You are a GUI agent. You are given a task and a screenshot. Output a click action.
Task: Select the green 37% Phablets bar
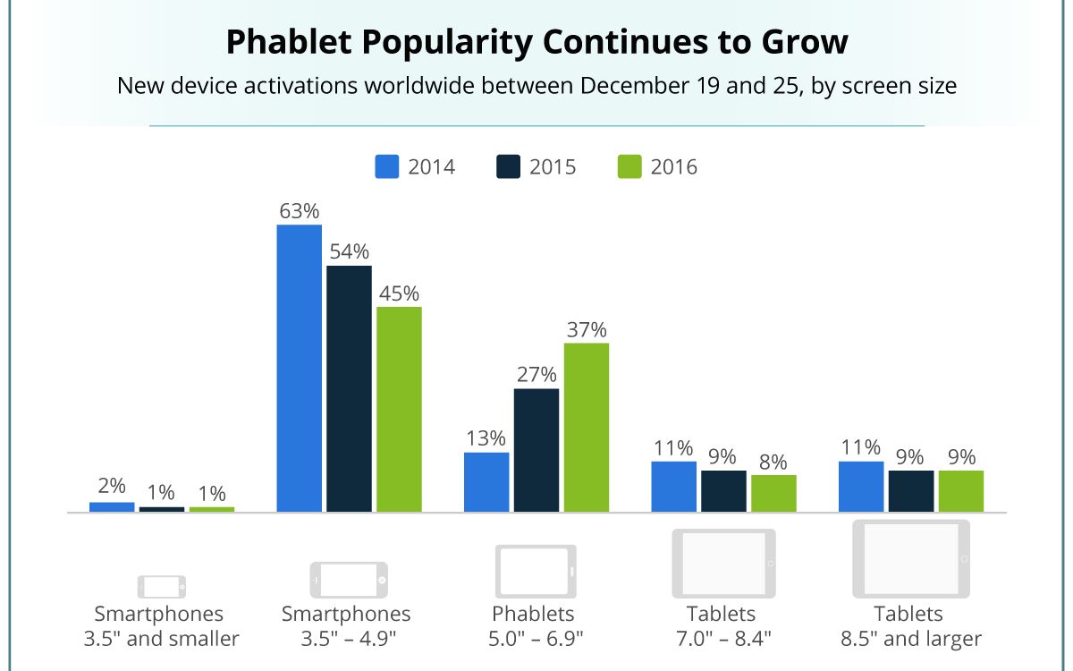[586, 428]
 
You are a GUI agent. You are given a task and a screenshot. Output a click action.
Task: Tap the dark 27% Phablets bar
[536, 450]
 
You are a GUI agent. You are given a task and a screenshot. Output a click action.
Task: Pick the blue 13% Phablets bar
[486, 482]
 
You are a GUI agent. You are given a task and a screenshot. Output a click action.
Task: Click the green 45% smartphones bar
[399, 410]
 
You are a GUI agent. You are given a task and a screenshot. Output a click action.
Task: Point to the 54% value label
[349, 251]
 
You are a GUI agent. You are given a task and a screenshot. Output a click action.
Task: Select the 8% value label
[773, 462]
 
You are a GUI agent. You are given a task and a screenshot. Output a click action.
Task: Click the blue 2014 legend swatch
[386, 167]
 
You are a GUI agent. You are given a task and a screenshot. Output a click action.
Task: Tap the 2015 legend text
[552, 167]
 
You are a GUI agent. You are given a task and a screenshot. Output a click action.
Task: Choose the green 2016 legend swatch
[629, 167]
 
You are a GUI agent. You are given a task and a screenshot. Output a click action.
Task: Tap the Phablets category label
[533, 615]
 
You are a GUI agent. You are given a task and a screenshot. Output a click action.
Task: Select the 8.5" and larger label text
[908, 639]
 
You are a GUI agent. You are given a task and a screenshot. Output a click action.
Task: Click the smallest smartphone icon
[162, 587]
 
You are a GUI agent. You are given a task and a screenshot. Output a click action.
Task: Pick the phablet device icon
[536, 571]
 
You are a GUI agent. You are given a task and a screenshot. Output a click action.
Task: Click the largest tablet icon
[910, 558]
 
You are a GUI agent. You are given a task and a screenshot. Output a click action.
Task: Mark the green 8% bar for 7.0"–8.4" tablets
[773, 494]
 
